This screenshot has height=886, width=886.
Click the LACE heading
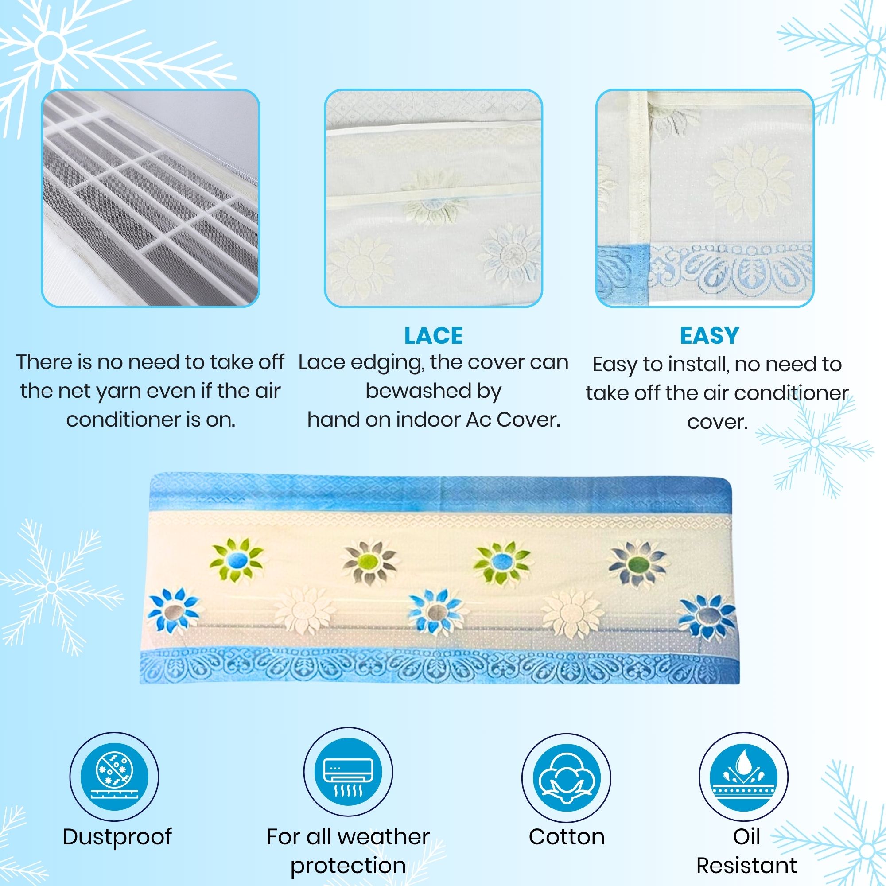[x=433, y=336]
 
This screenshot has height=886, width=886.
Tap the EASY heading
[x=709, y=336]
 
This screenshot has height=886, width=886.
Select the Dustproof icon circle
[x=114, y=777]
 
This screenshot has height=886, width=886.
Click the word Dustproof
[x=117, y=837]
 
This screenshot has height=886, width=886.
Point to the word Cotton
[x=566, y=837]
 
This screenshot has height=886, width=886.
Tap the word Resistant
[x=746, y=866]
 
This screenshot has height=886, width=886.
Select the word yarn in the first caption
[x=120, y=392]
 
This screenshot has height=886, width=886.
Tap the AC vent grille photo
[x=151, y=198]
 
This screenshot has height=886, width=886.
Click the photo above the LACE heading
[x=433, y=198]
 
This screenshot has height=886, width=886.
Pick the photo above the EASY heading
[x=705, y=198]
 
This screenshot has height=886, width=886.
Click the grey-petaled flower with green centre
[x=369, y=563]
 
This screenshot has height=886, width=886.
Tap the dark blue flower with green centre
[x=638, y=563]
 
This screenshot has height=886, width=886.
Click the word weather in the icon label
[x=384, y=837]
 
